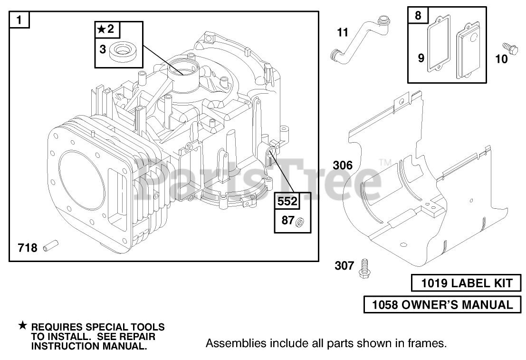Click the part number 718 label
(27, 248)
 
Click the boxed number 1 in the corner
(19, 20)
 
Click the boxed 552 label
(287, 201)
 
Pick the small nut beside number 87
(300, 221)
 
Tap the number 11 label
(343, 33)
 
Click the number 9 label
(421, 58)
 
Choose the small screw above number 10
(509, 48)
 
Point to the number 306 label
(343, 165)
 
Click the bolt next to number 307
(365, 268)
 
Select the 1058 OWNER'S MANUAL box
(442, 304)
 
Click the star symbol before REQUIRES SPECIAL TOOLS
(22, 326)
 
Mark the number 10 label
(501, 59)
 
